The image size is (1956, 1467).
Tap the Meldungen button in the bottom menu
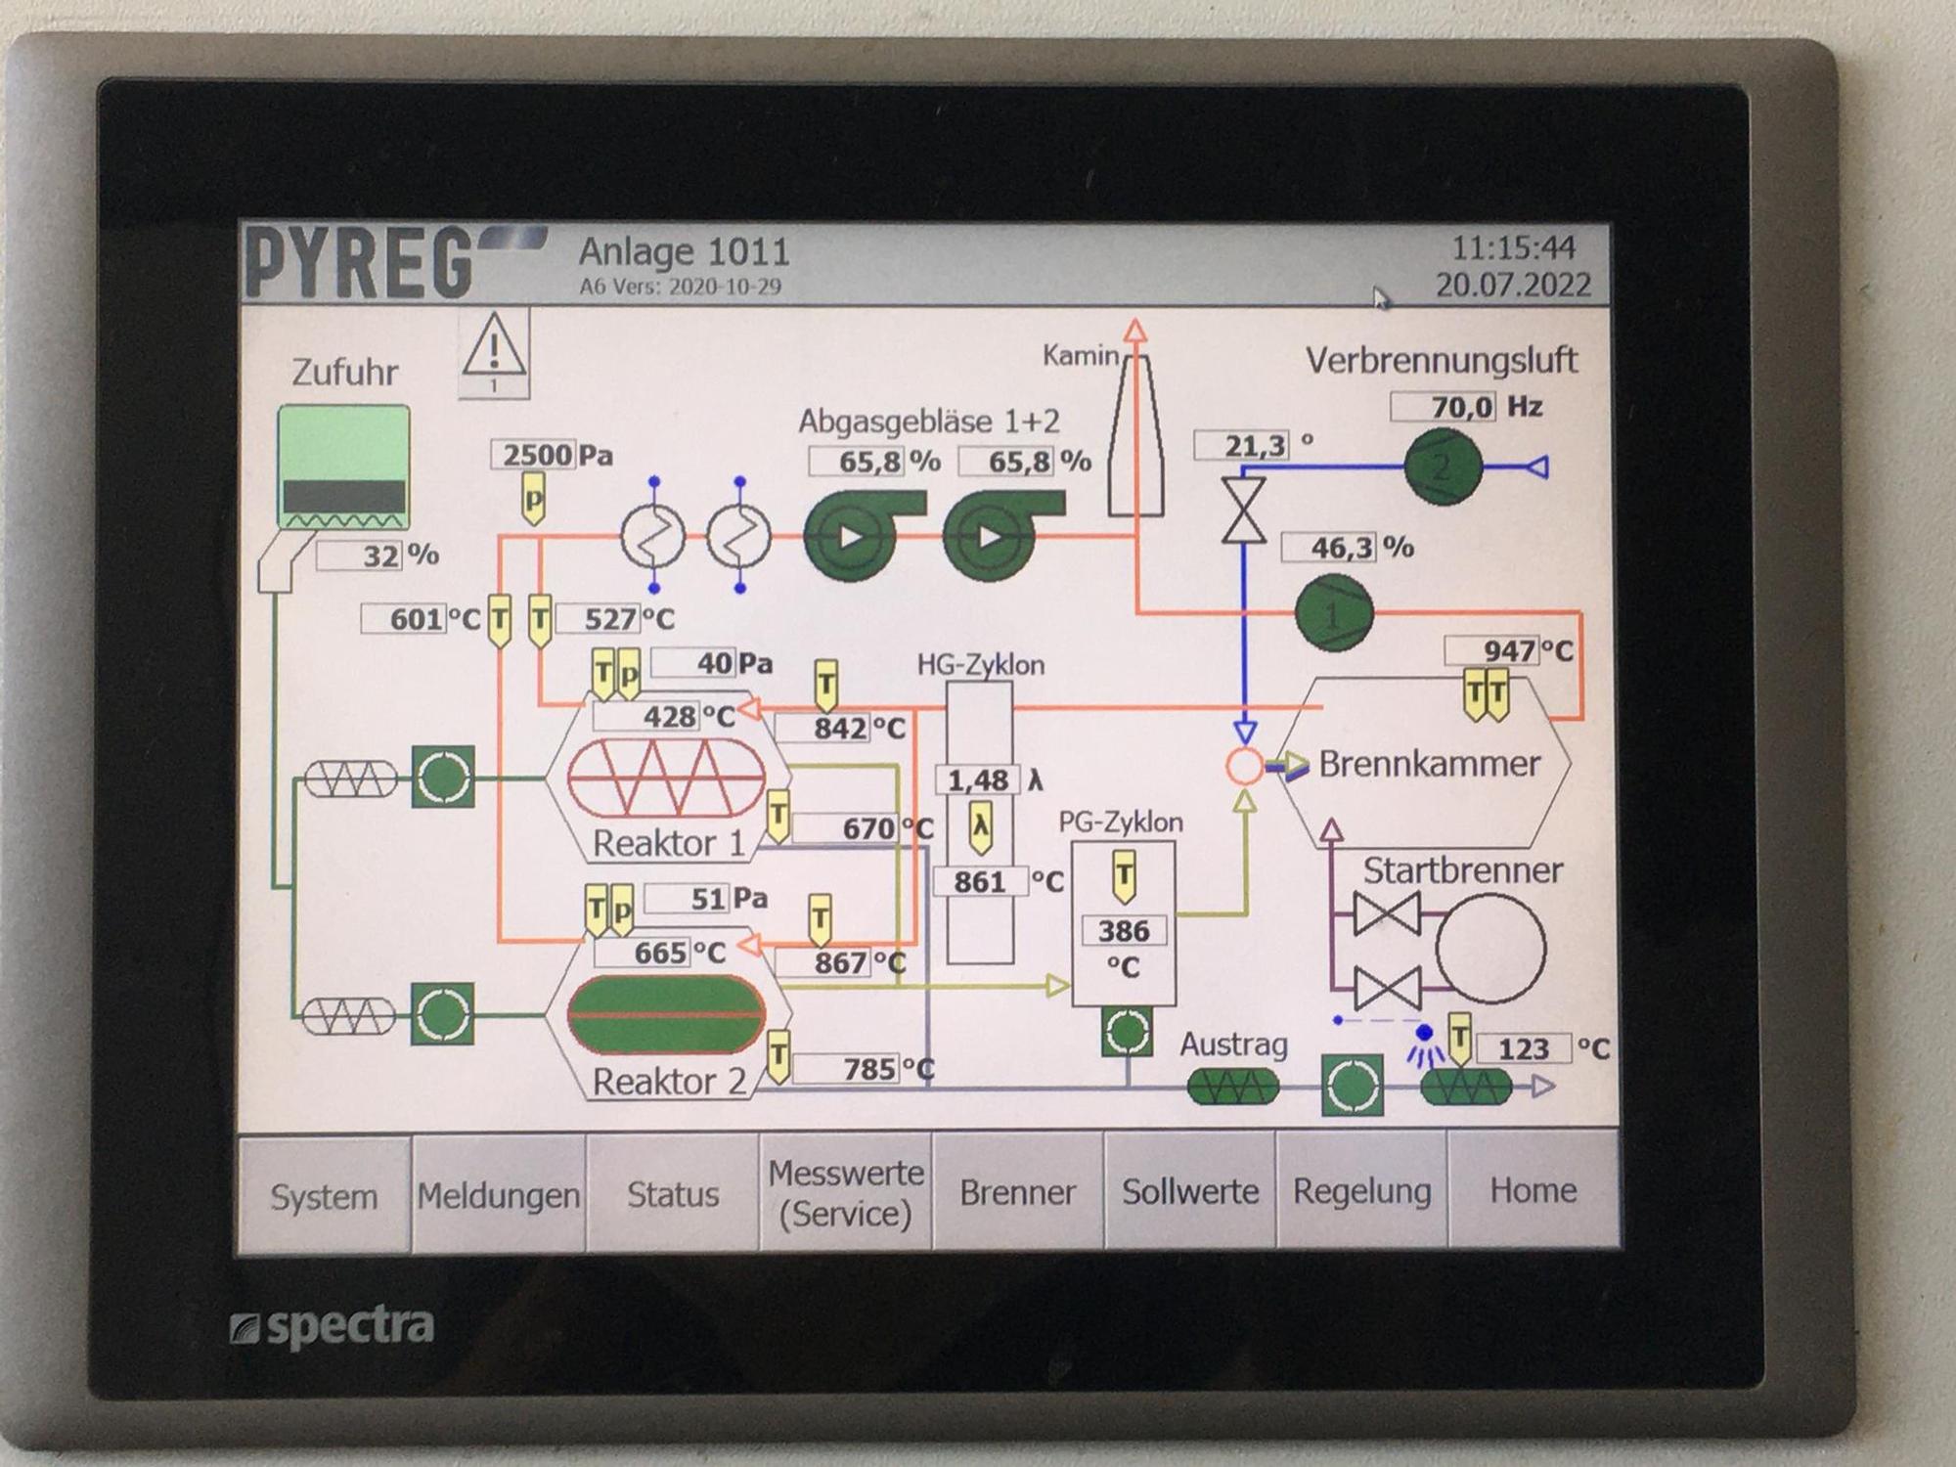coord(499,1194)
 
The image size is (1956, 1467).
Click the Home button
coord(1533,1190)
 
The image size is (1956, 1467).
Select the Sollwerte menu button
coord(1190,1191)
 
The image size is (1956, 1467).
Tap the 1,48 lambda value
coord(977,780)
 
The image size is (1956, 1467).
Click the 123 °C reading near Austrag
coord(1523,1049)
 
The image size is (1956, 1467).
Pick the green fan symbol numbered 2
coord(1443,467)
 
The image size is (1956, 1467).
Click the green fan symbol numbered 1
coord(1334,613)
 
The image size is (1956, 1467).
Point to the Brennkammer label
coord(1429,764)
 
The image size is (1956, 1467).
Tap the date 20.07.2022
coord(1513,285)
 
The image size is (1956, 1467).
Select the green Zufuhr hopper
coord(343,467)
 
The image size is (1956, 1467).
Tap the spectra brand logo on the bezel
coord(333,1327)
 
